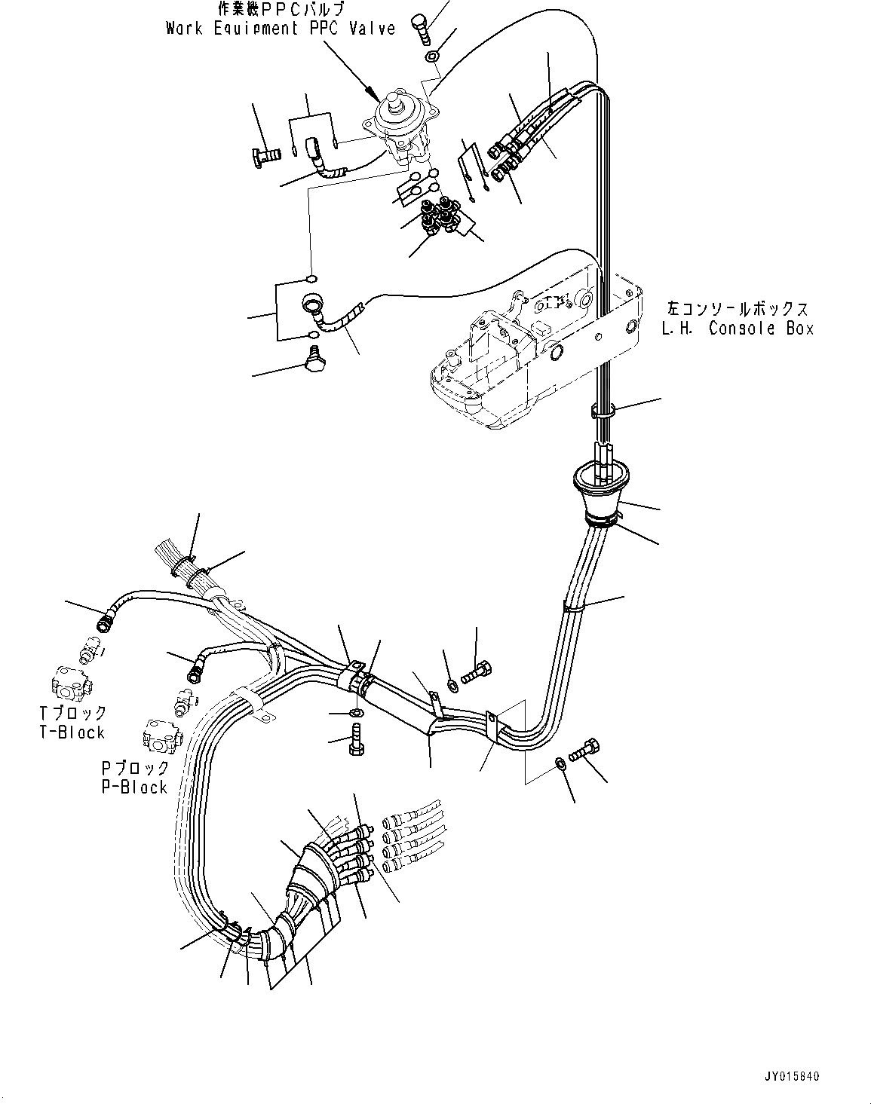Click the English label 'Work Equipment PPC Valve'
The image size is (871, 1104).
(x=280, y=29)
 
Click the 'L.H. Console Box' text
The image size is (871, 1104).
(x=738, y=329)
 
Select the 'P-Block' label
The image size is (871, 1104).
(x=134, y=787)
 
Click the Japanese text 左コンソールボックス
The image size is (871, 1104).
(x=737, y=309)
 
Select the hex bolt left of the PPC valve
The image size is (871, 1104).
(x=265, y=154)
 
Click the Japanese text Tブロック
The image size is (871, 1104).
(x=72, y=713)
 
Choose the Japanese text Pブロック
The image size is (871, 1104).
(x=135, y=768)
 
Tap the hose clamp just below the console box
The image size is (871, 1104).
(x=603, y=411)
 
